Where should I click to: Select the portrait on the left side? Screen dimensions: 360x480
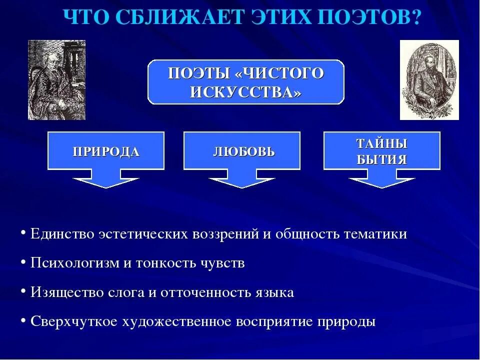(x=56, y=80)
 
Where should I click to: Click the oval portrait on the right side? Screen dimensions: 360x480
(x=429, y=80)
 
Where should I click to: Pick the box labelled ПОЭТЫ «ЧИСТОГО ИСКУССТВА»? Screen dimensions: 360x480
(x=246, y=82)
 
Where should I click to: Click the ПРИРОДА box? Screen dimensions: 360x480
(x=106, y=151)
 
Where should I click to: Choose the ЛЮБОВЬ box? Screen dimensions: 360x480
(x=242, y=151)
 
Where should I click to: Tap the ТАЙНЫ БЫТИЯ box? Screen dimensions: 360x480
(x=381, y=151)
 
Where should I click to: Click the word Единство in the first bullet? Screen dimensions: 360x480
(x=62, y=234)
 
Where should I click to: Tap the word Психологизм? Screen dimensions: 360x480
(x=74, y=263)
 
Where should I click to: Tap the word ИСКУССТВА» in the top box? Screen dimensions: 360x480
(x=246, y=92)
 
